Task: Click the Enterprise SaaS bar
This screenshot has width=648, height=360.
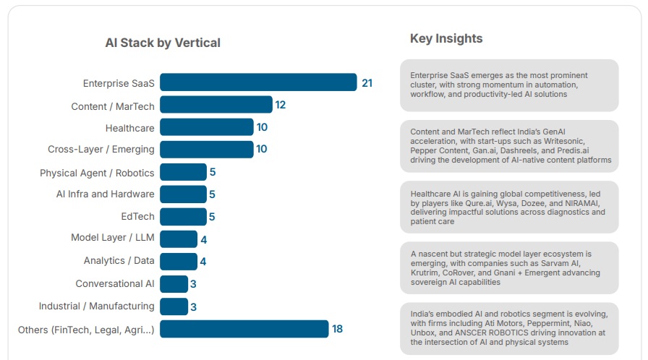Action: click(x=258, y=82)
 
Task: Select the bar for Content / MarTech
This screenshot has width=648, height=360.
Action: click(x=216, y=105)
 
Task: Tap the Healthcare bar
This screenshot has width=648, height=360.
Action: click(x=206, y=127)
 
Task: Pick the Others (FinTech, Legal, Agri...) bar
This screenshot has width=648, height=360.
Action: click(x=244, y=329)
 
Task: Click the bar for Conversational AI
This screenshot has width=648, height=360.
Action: click(x=174, y=284)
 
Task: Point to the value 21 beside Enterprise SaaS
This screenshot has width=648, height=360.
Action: click(x=367, y=83)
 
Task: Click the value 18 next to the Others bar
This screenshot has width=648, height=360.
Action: click(x=337, y=329)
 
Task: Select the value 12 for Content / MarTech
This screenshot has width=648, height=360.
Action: click(x=281, y=105)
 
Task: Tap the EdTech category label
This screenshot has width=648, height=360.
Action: click(x=137, y=216)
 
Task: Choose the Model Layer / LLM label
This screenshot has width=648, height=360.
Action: click(x=112, y=238)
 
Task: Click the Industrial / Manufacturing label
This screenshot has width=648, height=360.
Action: click(x=96, y=306)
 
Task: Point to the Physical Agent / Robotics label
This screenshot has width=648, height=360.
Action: click(x=97, y=173)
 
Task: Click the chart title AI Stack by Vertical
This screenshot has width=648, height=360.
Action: click(x=163, y=43)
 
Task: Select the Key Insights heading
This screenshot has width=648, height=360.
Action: click(x=446, y=38)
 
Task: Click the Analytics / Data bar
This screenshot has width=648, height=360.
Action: click(x=178, y=261)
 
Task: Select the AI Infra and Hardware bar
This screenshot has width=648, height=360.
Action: click(x=183, y=194)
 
